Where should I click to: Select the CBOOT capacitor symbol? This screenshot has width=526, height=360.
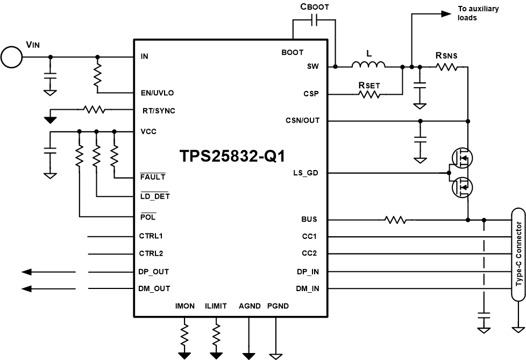pos(315,20)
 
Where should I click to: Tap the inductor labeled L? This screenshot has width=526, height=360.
pos(368,66)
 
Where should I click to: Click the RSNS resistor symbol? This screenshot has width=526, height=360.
pos(446,67)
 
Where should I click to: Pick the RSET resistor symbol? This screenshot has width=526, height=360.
pos(369,94)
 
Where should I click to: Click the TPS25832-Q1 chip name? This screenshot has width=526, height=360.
pos(232,156)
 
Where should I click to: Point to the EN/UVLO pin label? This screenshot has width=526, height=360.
pos(157,93)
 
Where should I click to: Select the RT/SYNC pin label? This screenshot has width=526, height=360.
pos(157,110)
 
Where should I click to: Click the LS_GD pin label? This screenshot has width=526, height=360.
pos(307,173)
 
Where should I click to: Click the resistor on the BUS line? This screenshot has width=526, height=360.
pos(395,220)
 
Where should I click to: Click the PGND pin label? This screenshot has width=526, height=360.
pos(278,306)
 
